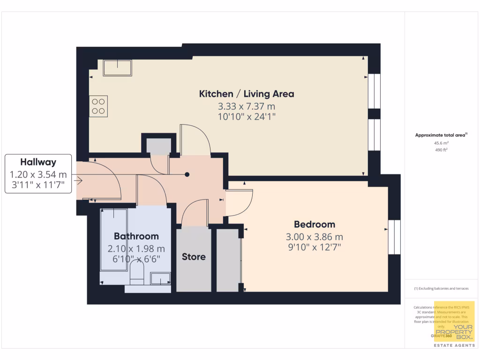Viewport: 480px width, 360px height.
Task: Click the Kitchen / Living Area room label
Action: (x=247, y=94)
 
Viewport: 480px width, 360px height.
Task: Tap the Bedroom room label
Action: (x=315, y=224)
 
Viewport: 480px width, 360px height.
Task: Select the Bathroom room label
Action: (x=136, y=236)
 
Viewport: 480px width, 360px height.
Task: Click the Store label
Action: (x=194, y=257)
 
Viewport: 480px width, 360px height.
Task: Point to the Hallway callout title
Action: (x=38, y=162)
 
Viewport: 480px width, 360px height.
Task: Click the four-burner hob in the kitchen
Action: (x=98, y=106)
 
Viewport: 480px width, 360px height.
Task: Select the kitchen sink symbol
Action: (x=118, y=68)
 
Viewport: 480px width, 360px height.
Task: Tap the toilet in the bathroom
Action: (x=136, y=272)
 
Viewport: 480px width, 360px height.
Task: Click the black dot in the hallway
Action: (x=187, y=174)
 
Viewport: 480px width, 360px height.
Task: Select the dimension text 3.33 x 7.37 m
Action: (x=247, y=106)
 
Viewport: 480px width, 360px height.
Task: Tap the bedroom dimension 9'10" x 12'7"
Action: (x=315, y=247)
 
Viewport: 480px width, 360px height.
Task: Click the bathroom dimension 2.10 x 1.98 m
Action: (x=136, y=248)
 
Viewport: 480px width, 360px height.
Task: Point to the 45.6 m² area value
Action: (x=441, y=143)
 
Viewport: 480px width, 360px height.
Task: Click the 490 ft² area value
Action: (x=441, y=150)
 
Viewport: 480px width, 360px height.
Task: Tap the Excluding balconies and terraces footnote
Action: (x=441, y=288)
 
